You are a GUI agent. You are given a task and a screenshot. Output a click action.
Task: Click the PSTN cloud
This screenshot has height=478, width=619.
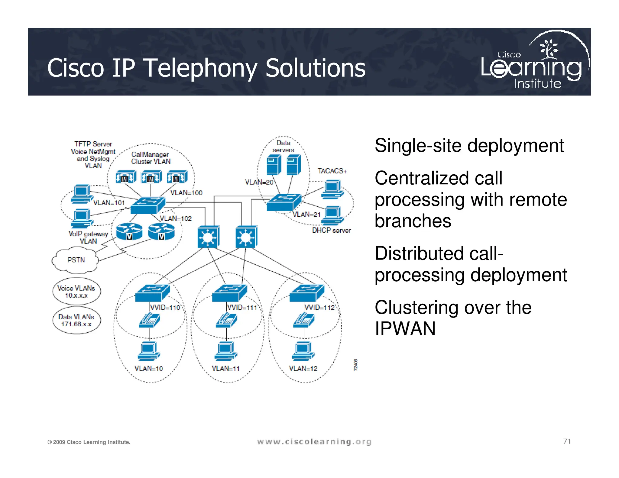tap(76, 260)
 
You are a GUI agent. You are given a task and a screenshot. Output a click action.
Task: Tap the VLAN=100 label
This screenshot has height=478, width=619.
tap(186, 193)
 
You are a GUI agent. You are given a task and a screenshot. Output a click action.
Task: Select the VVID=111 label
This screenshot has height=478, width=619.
tap(242, 308)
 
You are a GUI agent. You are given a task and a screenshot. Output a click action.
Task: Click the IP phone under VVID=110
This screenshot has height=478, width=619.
tap(149, 320)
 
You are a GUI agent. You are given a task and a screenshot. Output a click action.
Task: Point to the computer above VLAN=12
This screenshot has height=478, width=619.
tap(303, 351)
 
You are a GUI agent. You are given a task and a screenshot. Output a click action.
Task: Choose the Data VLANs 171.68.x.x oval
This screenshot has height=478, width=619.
tap(76, 320)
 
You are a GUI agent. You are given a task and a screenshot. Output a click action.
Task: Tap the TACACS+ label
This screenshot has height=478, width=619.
tap(332, 171)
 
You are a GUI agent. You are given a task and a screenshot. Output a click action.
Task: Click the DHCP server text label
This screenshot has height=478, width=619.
tap(331, 230)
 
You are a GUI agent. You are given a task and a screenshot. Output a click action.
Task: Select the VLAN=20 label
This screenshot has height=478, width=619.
tap(259, 182)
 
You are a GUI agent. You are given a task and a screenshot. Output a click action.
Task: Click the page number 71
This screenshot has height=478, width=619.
tap(567, 441)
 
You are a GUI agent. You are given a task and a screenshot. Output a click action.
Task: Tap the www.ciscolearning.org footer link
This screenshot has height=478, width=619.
tap(314, 442)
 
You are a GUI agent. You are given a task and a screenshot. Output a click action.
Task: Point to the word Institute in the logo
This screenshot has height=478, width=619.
tap(538, 84)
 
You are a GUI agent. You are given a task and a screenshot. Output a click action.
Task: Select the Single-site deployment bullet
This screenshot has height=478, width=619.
tap(469, 146)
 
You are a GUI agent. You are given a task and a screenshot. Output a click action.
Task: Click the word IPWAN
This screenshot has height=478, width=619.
tap(405, 328)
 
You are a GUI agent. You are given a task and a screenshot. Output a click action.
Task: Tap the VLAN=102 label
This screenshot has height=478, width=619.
tap(176, 218)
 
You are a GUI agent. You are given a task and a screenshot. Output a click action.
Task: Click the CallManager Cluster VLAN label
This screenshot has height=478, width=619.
tap(151, 158)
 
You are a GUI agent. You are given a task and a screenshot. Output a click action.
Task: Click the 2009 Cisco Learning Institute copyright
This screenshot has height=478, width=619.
tap(89, 442)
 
